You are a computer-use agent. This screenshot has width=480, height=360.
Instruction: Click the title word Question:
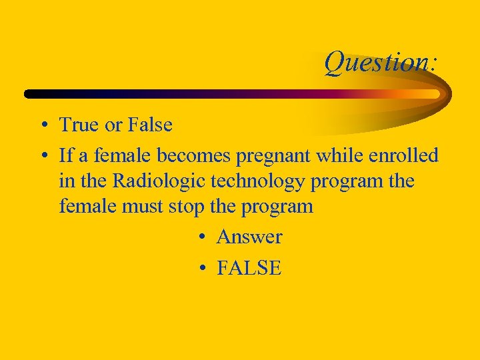coord(381,63)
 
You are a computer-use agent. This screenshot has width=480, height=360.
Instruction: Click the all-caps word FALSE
coord(249,268)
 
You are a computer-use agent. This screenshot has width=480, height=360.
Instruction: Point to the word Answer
coord(249,237)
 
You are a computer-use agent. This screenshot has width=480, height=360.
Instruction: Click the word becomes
coord(198,156)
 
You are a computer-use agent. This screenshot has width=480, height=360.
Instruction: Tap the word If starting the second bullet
coord(65,156)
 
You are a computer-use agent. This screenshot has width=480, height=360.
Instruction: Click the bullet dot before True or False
coord(43,125)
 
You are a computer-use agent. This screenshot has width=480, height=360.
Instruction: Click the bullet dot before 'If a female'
coord(43,157)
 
